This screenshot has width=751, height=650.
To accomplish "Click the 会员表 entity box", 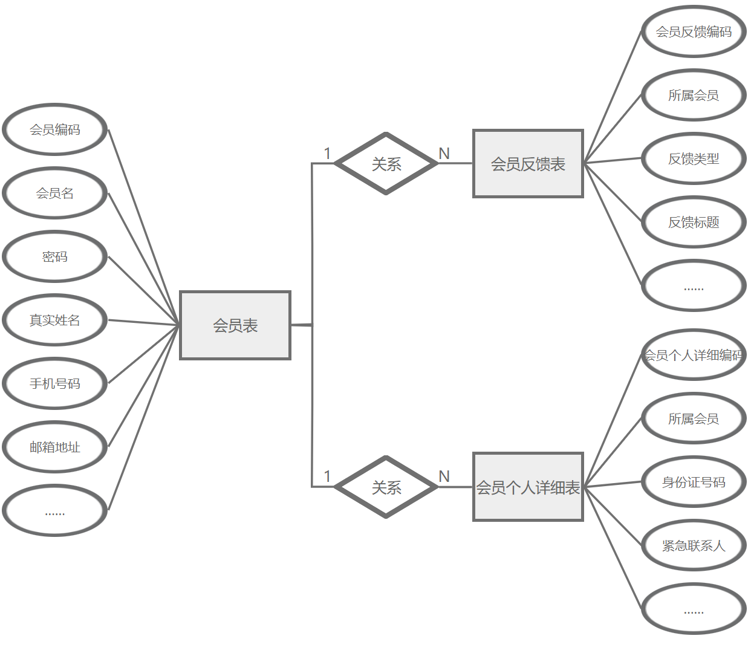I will point(235,325).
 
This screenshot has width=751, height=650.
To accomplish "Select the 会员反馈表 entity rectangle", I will point(528,163).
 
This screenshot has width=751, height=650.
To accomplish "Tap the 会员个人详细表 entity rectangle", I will point(528,487).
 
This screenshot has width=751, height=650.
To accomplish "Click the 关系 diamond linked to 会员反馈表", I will point(386,163).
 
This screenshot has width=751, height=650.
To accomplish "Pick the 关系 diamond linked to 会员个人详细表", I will point(386,487).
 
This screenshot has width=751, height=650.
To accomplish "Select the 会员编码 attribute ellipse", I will point(55,129).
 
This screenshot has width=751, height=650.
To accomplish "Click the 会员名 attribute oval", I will point(55,193).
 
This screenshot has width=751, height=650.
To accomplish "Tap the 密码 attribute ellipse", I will point(55,256).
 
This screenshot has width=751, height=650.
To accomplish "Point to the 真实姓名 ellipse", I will point(55,320).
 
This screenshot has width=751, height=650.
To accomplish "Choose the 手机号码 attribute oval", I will point(55,383).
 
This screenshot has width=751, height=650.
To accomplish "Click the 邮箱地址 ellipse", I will point(55,447).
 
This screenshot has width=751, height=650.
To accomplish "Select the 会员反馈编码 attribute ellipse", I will point(694,31).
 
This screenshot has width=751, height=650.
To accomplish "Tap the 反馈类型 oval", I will point(694,158).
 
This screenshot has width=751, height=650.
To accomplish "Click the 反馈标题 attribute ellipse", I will point(694,222).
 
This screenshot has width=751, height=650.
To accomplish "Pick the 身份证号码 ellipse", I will point(694,482).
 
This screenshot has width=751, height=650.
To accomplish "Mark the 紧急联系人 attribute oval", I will point(694,545).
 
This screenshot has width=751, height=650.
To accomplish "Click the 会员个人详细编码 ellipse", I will point(694,355).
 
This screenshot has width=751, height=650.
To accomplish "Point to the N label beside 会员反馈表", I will point(444,154).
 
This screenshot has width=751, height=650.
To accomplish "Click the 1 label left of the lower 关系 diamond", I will point(327,476).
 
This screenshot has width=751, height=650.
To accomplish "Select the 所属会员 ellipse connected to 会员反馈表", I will point(694,95).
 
